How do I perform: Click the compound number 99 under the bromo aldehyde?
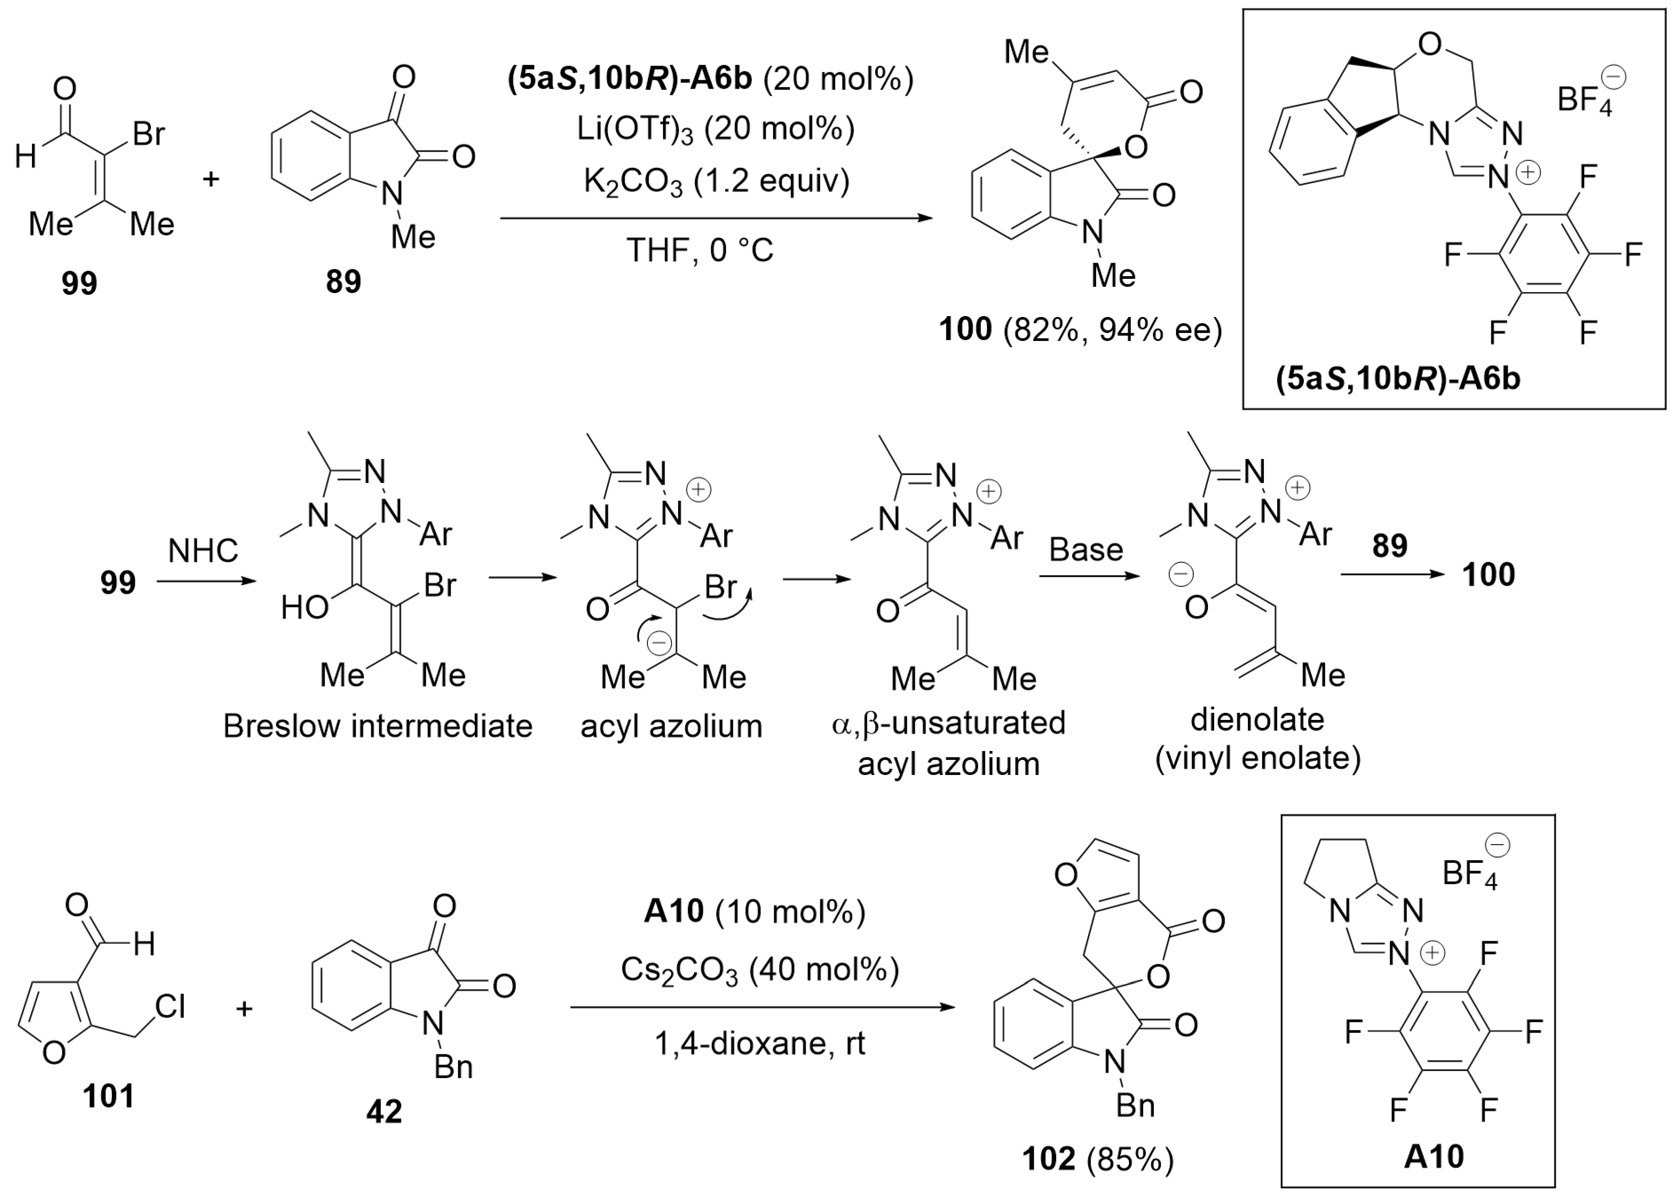pyautogui.click(x=79, y=283)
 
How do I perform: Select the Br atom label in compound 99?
pyautogui.click(x=149, y=134)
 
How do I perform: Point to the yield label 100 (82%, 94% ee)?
pyautogui.click(x=1080, y=329)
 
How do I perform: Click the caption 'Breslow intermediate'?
pyautogui.click(x=377, y=726)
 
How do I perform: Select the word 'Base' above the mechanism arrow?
pyautogui.click(x=1086, y=549)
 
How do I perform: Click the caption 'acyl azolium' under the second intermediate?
pyautogui.click(x=671, y=726)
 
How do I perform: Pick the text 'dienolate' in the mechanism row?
pyautogui.click(x=1257, y=719)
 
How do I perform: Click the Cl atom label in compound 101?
pyautogui.click(x=170, y=1006)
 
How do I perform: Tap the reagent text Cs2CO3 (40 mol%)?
pyautogui.click(x=760, y=970)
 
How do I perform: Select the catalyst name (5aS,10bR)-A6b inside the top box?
pyautogui.click(x=1398, y=379)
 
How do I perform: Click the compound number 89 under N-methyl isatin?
pyautogui.click(x=343, y=282)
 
